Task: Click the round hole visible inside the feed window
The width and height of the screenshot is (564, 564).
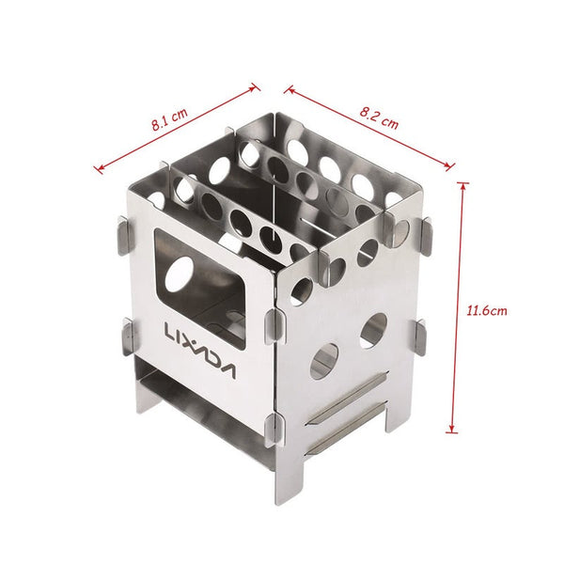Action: coord(179,274)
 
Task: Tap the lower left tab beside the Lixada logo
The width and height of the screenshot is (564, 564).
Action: coord(131,336)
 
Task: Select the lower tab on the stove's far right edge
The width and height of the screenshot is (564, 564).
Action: coord(420,337)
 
